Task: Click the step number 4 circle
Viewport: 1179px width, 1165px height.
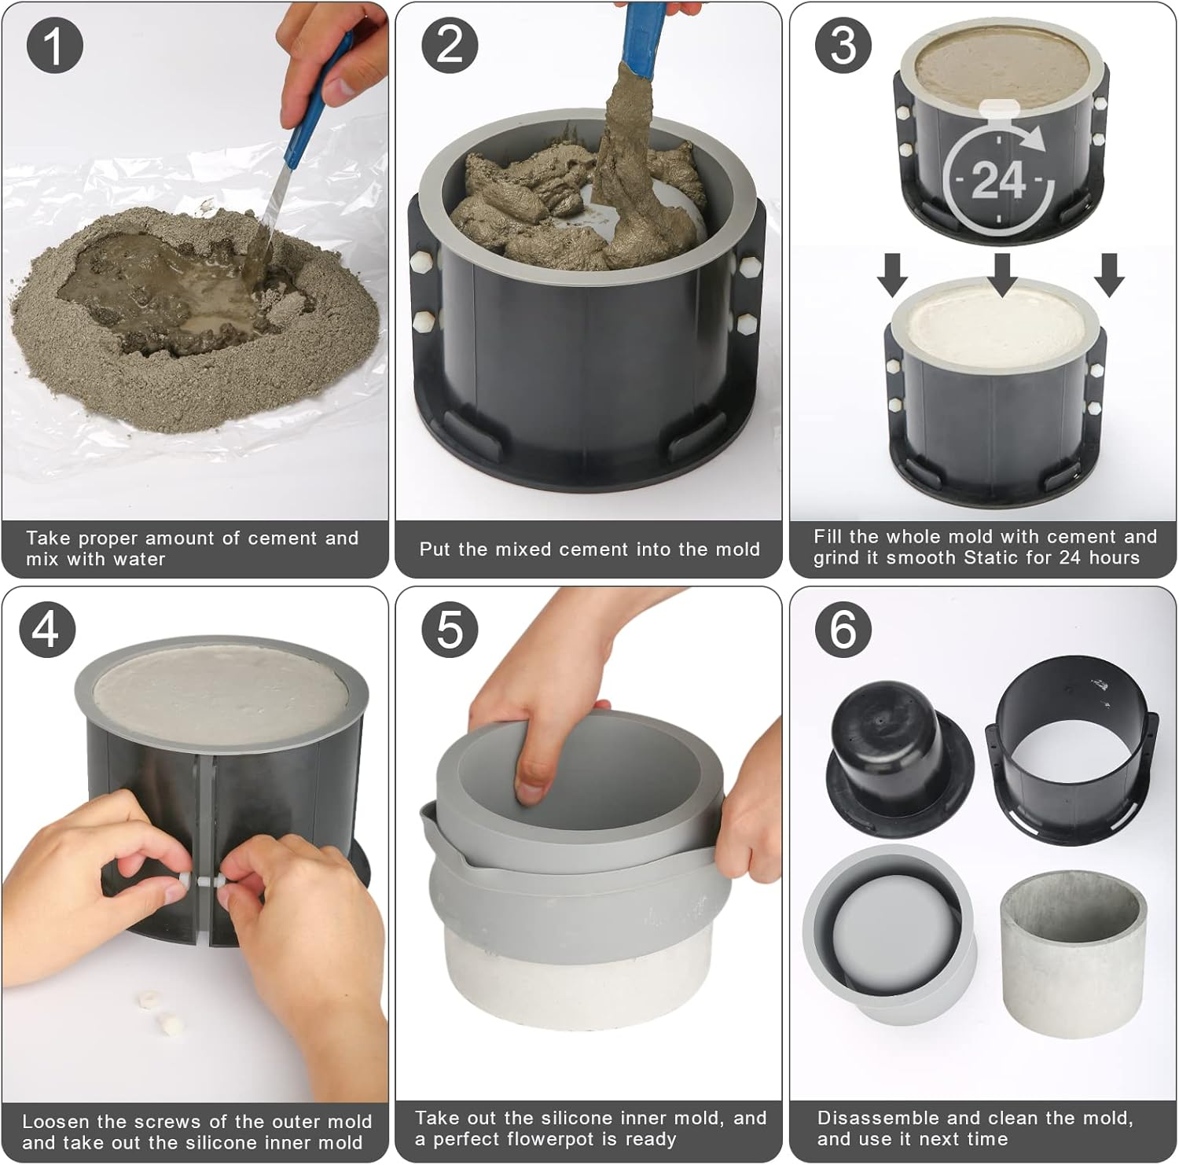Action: coord(47,630)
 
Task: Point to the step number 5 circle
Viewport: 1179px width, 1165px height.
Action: coord(450,630)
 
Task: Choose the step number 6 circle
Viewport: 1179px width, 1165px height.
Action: coord(843,630)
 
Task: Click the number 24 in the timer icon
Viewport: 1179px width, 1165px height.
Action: coord(998,180)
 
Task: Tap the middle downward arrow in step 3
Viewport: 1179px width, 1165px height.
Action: coord(1002,276)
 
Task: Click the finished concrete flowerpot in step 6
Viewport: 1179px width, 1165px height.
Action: coord(1073,955)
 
